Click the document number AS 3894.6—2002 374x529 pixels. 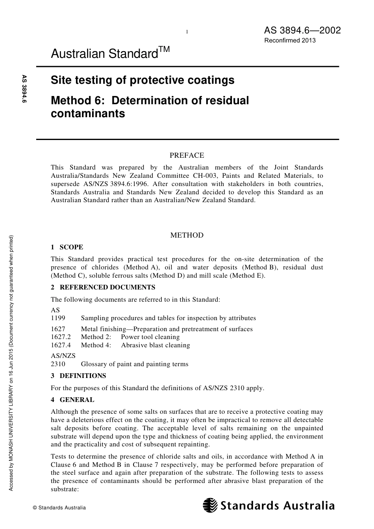302,30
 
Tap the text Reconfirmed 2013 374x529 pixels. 290,40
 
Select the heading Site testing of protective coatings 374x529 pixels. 143,80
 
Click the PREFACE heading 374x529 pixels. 187,155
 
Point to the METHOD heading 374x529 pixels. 187,235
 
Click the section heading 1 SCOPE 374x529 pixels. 67,247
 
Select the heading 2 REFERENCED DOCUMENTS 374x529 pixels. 103,287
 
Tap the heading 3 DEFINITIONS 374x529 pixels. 78,376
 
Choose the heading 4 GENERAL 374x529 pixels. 72,400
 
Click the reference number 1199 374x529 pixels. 58,318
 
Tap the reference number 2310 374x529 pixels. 58,364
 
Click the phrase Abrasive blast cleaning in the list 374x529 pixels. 155,345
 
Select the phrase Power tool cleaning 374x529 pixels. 150,337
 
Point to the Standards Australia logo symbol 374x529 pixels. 210,505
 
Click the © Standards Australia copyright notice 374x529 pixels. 59,507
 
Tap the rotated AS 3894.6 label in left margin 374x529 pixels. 24,89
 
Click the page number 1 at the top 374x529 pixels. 187,32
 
